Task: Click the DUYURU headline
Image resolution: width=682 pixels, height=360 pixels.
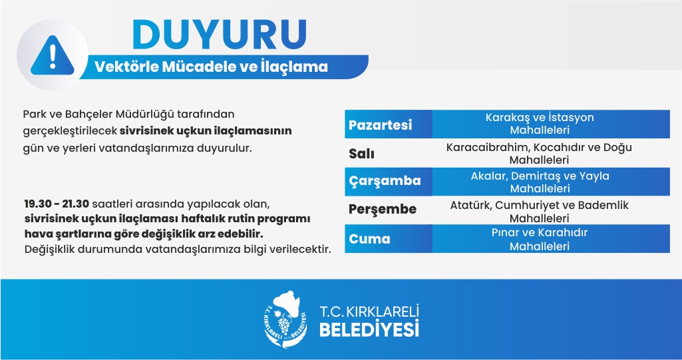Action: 220,35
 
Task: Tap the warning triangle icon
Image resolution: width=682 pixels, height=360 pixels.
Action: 52,55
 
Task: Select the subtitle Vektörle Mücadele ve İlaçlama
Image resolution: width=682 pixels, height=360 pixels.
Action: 211,67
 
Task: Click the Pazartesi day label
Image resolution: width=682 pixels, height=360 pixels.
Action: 380,125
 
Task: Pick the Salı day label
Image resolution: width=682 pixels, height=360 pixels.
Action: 361,154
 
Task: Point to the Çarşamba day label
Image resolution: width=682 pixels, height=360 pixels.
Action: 385,181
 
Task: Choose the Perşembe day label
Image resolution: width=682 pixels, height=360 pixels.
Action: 383,210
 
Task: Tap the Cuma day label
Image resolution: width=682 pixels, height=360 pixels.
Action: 369,239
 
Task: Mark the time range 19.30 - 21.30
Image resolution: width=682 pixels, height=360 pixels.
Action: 57,204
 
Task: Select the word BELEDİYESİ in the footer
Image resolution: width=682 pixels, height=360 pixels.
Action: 369,329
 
